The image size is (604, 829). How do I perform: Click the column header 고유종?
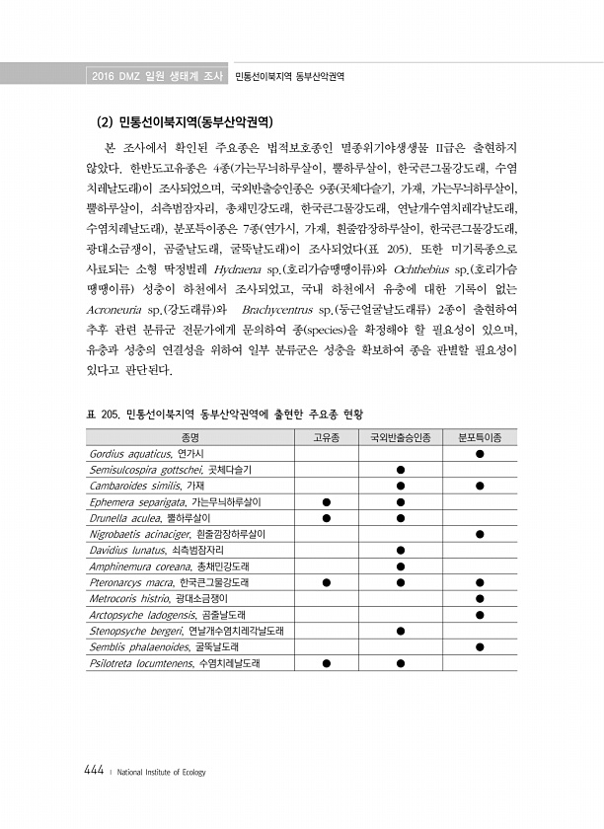click(326, 437)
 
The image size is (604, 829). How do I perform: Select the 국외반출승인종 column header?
click(401, 437)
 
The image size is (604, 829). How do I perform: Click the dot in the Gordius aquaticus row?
click(479, 453)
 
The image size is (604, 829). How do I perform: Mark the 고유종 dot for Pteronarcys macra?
click(326, 582)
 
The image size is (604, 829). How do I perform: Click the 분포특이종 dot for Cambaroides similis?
click(479, 486)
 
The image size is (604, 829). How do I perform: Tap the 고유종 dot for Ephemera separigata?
click(326, 501)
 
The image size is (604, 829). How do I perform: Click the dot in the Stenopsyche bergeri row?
click(401, 631)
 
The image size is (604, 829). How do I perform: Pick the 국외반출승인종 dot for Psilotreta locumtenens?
click(401, 662)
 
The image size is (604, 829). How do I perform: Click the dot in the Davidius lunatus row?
click(401, 550)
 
